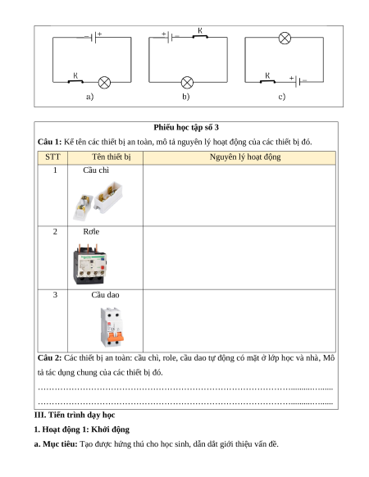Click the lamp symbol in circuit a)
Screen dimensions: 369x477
pyautogui.click(x=104, y=83)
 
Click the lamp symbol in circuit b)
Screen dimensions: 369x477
pyautogui.click(x=187, y=83)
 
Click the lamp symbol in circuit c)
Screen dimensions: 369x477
pyautogui.click(x=285, y=39)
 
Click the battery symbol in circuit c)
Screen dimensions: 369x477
pyautogui.click(x=298, y=81)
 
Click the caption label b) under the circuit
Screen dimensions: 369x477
pyautogui.click(x=185, y=97)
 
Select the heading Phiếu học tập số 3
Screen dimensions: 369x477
pyautogui.click(x=186, y=128)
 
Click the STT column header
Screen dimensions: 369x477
pyautogui.click(x=52, y=157)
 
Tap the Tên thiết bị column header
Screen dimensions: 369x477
pyautogui.click(x=112, y=157)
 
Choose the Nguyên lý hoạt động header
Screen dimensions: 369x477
pyautogui.click(x=245, y=157)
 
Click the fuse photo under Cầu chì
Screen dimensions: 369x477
pyautogui.click(x=98, y=201)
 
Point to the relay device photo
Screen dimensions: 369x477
pyautogui.click(x=90, y=264)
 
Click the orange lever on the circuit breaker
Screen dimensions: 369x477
pyautogui.click(x=116, y=337)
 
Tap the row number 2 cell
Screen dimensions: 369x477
pyautogui.click(x=55, y=232)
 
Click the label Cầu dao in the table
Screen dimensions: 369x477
pyautogui.click(x=105, y=295)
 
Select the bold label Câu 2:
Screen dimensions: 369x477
pyautogui.click(x=50, y=358)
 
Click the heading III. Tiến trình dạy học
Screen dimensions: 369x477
pyautogui.click(x=75, y=416)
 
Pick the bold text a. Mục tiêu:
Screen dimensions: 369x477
pyautogui.click(x=56, y=444)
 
